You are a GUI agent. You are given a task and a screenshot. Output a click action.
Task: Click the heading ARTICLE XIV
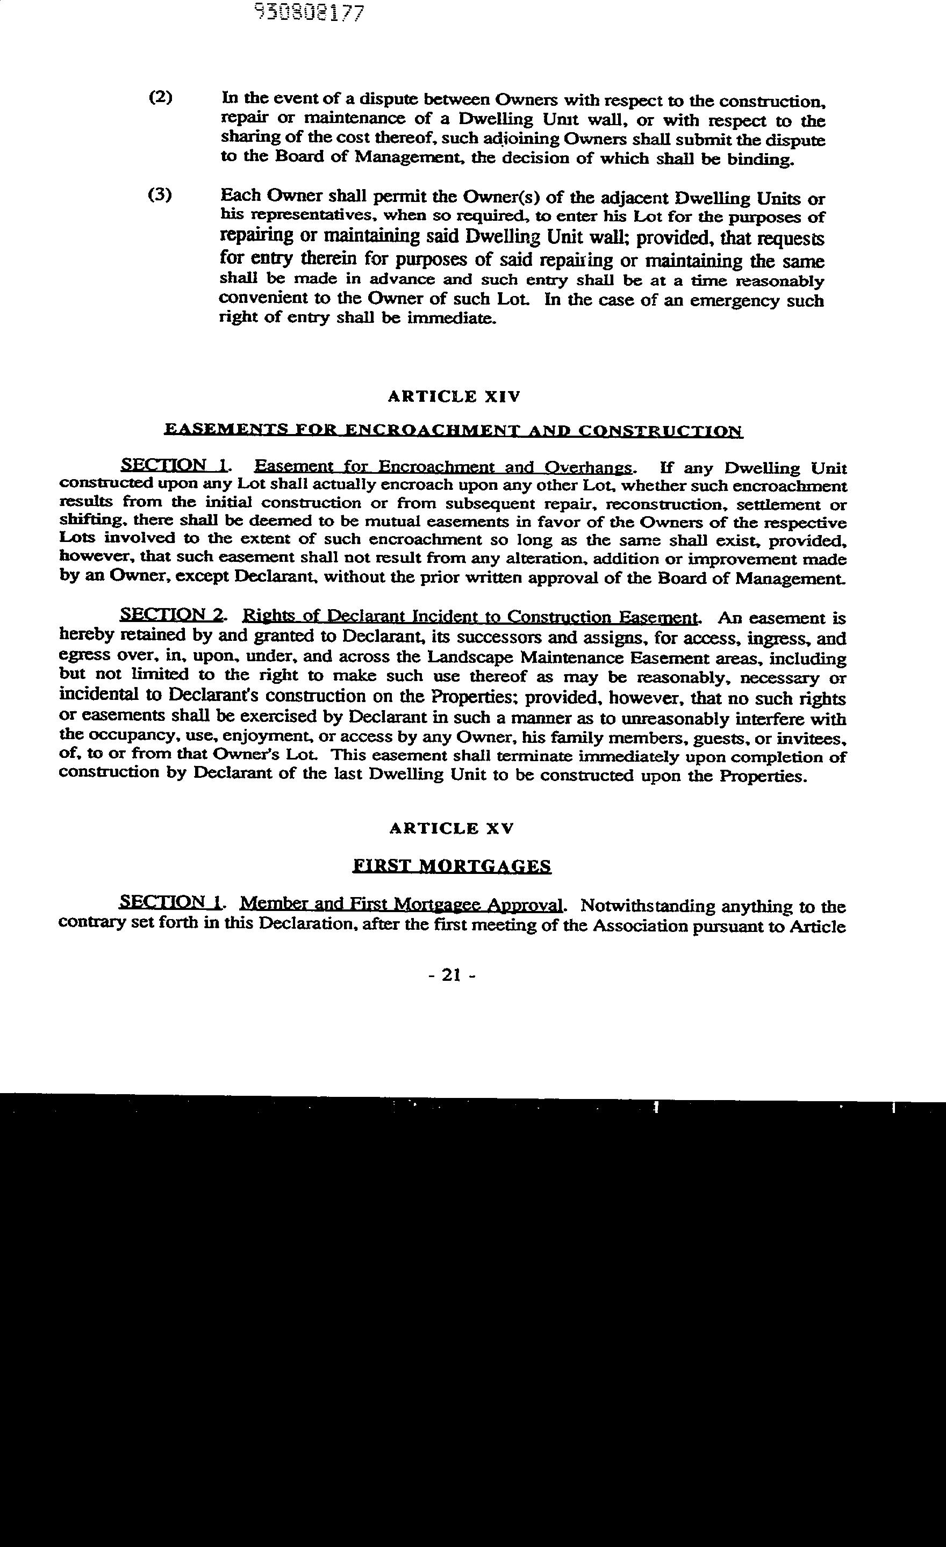click(x=454, y=397)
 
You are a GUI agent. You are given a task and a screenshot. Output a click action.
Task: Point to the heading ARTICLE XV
click(x=451, y=829)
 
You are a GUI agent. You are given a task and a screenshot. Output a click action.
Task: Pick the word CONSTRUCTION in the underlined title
click(x=660, y=431)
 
